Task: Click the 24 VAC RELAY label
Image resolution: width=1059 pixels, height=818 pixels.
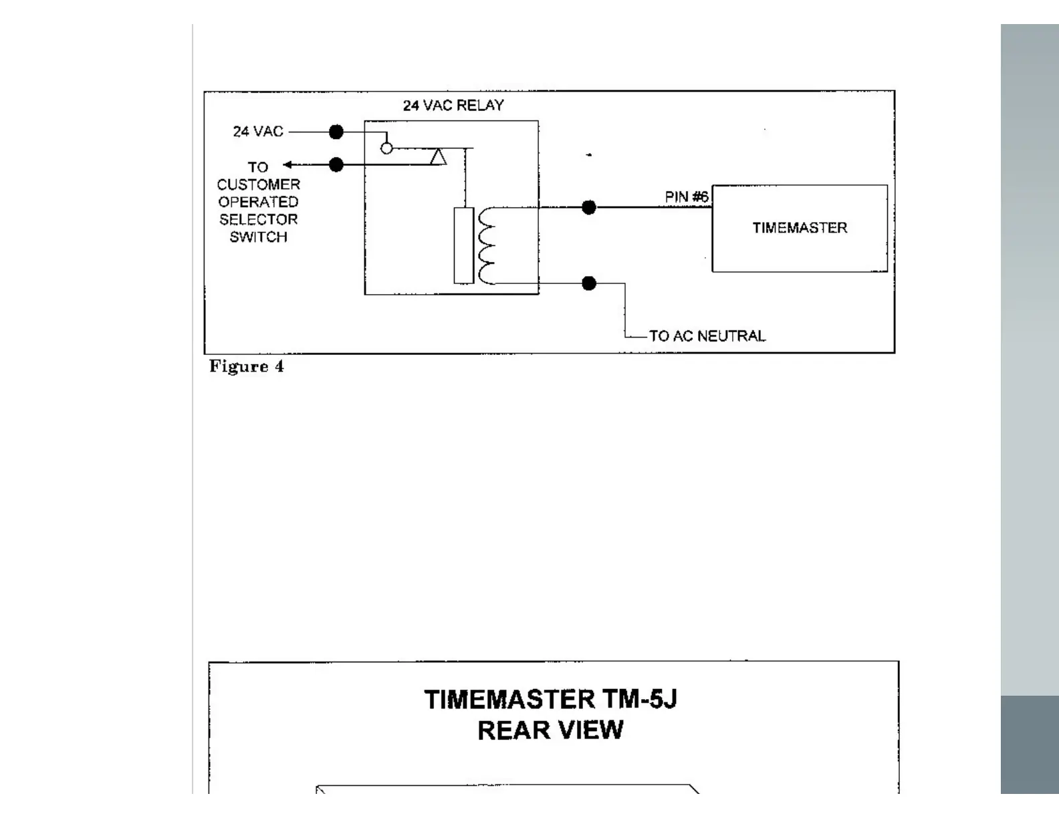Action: coord(453,106)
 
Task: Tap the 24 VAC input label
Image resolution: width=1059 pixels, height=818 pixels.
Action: coord(258,132)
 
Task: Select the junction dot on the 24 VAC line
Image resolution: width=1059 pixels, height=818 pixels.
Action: coord(336,132)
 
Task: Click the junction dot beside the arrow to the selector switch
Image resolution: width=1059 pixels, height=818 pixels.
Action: coord(336,164)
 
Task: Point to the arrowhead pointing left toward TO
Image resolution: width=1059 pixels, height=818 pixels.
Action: coord(287,164)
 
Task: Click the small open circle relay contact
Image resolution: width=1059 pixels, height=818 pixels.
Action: coord(386,148)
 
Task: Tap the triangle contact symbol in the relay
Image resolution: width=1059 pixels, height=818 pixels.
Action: coord(439,158)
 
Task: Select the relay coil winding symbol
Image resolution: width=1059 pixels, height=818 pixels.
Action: coord(486,245)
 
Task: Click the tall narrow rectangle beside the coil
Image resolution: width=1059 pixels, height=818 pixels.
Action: coord(463,245)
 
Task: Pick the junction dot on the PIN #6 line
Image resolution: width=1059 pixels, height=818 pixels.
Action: coord(589,207)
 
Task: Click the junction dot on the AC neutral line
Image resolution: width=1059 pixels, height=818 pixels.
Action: coord(589,283)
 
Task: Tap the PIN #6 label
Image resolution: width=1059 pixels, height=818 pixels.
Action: coord(686,197)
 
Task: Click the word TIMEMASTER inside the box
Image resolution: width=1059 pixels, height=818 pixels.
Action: coord(800,228)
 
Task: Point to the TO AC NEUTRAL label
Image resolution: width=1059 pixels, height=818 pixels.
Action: coord(707,336)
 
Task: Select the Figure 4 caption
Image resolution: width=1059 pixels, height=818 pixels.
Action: coord(246,366)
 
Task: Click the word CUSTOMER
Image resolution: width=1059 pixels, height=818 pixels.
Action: coord(258,184)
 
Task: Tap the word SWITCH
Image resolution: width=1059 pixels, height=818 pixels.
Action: coord(258,237)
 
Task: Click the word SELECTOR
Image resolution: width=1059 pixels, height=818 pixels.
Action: coord(258,219)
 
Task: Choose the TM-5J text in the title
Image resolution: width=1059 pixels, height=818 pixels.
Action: coord(639,700)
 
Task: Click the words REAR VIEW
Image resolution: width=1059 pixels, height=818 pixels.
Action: coord(550,730)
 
